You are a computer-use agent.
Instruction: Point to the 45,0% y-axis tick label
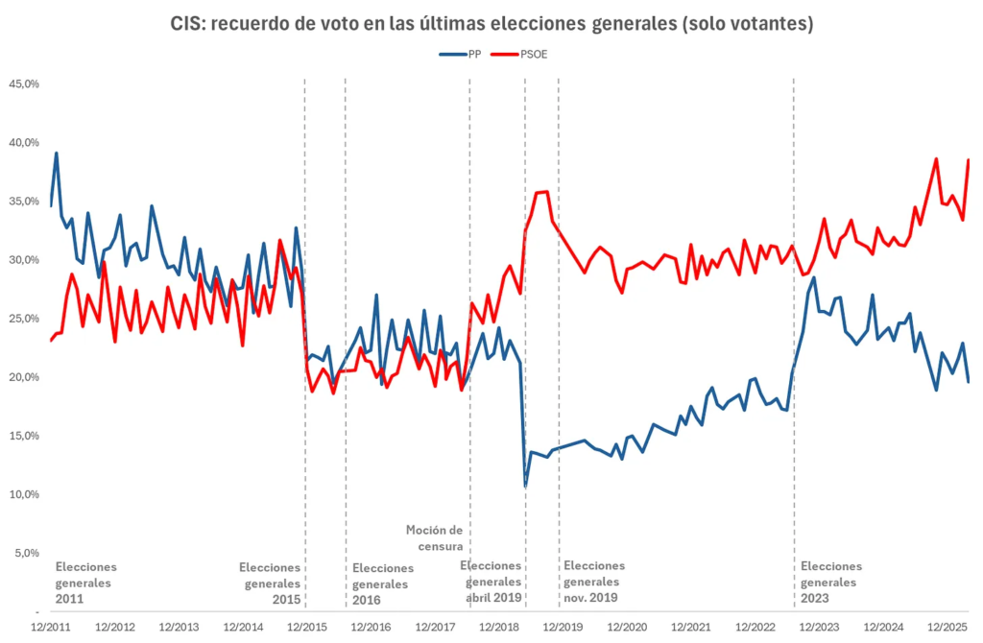coord(24,84)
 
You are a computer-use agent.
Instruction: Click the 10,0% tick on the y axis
coord(24,494)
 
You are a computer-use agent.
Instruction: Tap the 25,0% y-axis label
coord(24,319)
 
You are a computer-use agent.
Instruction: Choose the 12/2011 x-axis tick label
coord(50,628)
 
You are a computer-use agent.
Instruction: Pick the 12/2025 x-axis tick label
coord(947,628)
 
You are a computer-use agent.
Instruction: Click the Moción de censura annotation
coord(434,537)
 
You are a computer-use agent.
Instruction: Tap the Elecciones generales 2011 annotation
coord(86,583)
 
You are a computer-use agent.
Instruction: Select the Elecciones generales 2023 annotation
coord(830,583)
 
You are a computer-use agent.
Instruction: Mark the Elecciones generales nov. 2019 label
coord(594,583)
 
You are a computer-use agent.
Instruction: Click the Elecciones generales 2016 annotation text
coord(383,583)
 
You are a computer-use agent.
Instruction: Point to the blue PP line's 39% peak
coord(57,154)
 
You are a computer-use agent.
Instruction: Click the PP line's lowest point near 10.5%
coord(525,486)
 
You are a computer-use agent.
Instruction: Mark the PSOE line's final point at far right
coord(969,160)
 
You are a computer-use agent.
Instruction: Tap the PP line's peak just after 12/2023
coord(814,278)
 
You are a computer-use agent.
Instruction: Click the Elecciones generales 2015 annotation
coord(270,583)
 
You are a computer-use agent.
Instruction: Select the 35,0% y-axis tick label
coord(24,202)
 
